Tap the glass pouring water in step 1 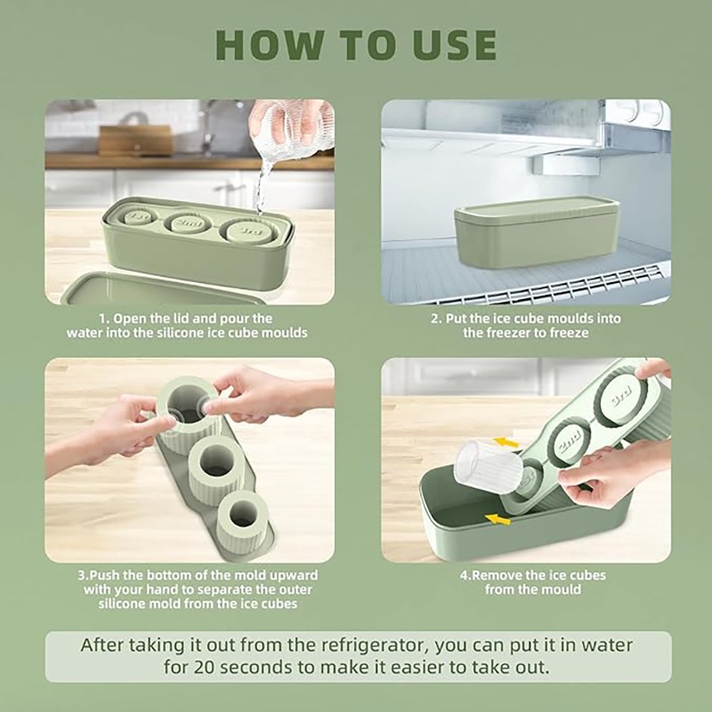[291, 129]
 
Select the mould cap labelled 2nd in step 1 [189, 223]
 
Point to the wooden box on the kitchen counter [136, 141]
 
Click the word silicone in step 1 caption [181, 333]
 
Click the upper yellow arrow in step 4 [506, 441]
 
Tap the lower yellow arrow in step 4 [498, 519]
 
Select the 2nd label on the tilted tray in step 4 [570, 441]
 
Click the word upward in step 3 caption [295, 575]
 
